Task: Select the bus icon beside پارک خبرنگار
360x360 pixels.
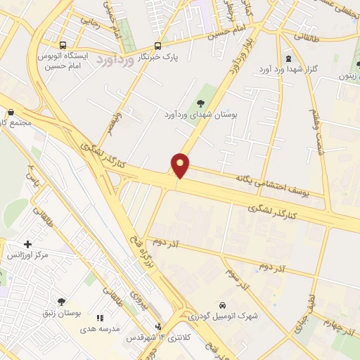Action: pyautogui.click(x=157, y=45)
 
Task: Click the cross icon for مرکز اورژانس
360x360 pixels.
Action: pyautogui.click(x=28, y=244)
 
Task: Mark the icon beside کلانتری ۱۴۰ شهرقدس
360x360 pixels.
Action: pyautogui.click(x=159, y=326)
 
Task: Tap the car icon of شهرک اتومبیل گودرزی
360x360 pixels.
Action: pyautogui.click(x=222, y=306)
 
